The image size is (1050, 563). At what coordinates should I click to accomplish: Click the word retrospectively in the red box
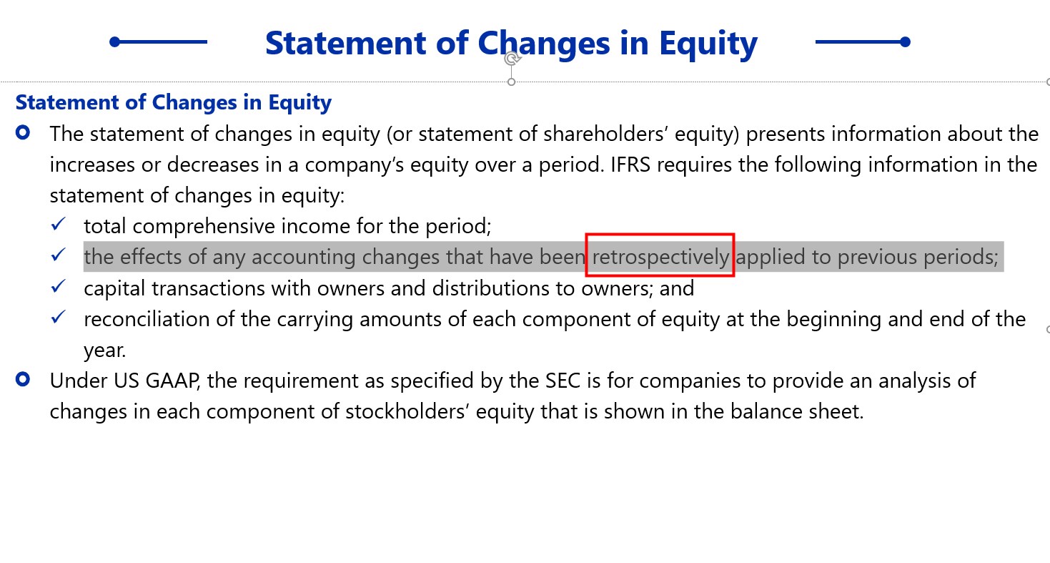point(660,257)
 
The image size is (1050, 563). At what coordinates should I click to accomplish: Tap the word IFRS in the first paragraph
point(630,165)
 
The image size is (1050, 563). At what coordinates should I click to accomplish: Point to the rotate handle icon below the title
point(512,59)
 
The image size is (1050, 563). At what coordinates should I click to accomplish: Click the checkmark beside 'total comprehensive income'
point(59,224)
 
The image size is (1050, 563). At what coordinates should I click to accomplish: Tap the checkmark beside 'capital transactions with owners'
point(59,285)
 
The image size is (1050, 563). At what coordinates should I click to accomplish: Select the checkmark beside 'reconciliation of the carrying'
point(59,317)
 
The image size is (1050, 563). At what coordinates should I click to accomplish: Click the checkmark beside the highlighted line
point(59,255)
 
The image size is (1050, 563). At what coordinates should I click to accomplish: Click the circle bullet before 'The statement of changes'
point(22,132)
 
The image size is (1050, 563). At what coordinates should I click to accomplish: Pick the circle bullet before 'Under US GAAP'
point(22,379)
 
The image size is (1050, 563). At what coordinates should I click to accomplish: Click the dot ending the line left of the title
point(115,41)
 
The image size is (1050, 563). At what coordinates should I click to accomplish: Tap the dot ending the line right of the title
point(905,41)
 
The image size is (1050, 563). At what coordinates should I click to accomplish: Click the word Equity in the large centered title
point(708,44)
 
